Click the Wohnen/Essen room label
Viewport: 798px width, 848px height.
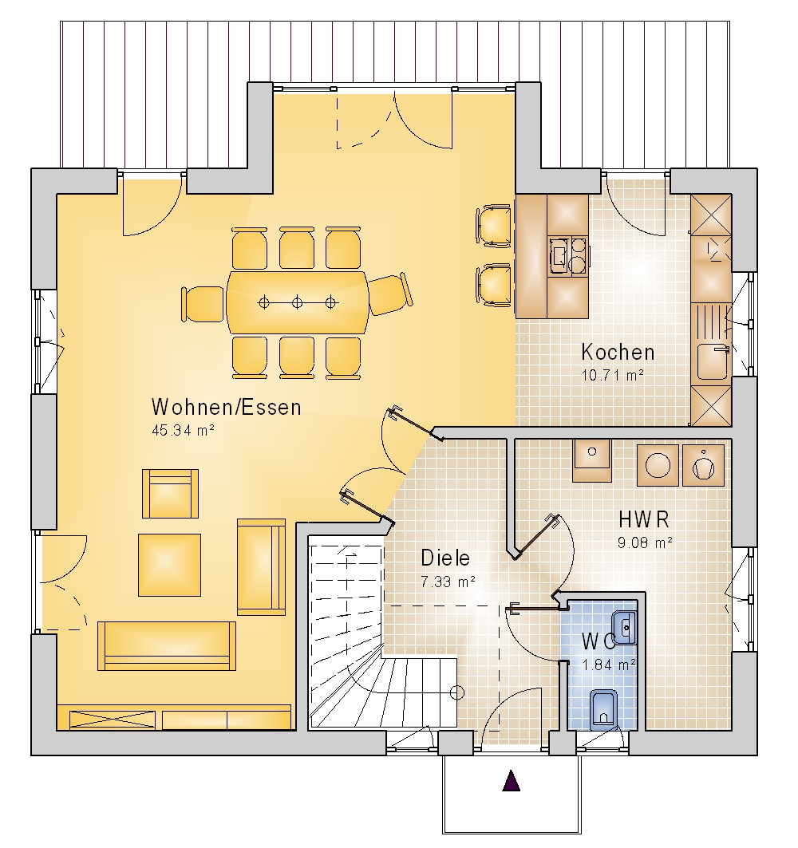[226, 407]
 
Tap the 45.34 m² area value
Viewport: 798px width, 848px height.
[183, 431]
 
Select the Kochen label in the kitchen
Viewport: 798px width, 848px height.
[618, 352]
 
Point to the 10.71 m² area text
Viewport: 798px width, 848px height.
[612, 375]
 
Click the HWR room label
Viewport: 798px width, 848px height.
[644, 519]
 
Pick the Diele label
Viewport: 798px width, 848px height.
[445, 558]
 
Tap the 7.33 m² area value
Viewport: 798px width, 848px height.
[448, 582]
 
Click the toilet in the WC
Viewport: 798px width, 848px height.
[602, 707]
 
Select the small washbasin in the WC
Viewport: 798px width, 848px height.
[625, 627]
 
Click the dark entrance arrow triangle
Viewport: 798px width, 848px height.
[512, 781]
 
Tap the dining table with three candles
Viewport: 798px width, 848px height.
[297, 302]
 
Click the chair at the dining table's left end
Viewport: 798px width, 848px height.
[203, 304]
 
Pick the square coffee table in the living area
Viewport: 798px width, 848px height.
[169, 565]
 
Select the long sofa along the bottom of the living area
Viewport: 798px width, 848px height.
[167, 645]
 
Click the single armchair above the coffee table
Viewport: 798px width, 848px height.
[171, 493]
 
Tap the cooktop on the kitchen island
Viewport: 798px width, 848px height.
[567, 256]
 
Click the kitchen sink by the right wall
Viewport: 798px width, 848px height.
[711, 362]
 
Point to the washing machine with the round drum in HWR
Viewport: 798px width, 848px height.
[658, 465]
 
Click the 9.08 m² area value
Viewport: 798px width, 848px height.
[645, 542]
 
